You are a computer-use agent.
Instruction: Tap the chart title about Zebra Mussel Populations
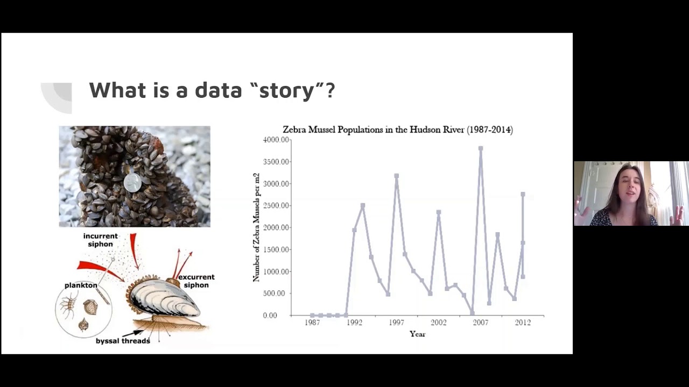click(398, 130)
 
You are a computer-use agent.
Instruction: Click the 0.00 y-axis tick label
click(270, 316)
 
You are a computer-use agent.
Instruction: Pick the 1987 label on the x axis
click(312, 322)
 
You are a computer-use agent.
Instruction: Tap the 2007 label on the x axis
click(480, 322)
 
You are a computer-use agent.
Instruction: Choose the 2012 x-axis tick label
click(522, 322)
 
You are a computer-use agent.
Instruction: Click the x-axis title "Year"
click(417, 334)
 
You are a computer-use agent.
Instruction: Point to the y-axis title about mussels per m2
click(256, 227)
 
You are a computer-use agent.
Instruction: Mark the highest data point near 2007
click(481, 148)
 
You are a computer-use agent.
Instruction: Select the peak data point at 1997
click(396, 176)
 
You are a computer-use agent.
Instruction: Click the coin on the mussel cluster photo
click(132, 183)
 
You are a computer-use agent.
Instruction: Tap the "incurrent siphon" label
click(100, 240)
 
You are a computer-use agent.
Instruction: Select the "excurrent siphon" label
click(196, 281)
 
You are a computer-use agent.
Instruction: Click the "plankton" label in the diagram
click(81, 285)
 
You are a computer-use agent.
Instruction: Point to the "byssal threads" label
click(123, 341)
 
